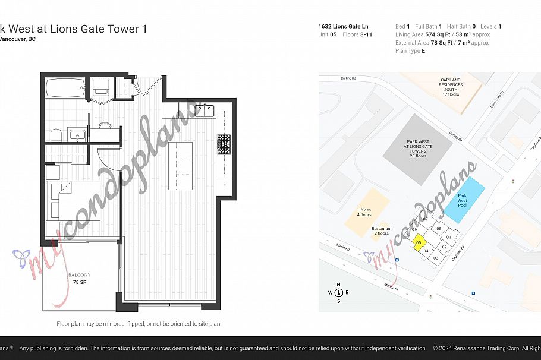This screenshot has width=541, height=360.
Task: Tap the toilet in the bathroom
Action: (x=55, y=135)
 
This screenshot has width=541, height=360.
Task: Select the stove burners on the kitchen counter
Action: (x=224, y=144)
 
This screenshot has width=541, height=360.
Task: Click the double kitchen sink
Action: (x=206, y=109)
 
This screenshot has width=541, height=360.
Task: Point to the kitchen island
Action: (x=180, y=165)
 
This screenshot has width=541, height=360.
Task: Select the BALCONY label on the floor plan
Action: (x=79, y=274)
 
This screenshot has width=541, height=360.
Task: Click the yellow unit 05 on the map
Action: (x=419, y=242)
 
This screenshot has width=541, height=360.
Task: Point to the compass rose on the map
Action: (x=338, y=292)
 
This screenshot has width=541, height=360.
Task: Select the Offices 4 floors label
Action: (x=364, y=212)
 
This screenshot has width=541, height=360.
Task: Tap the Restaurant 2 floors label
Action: (x=382, y=231)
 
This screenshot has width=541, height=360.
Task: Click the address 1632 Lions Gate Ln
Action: (x=344, y=26)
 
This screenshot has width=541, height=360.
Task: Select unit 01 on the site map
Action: (x=449, y=237)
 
